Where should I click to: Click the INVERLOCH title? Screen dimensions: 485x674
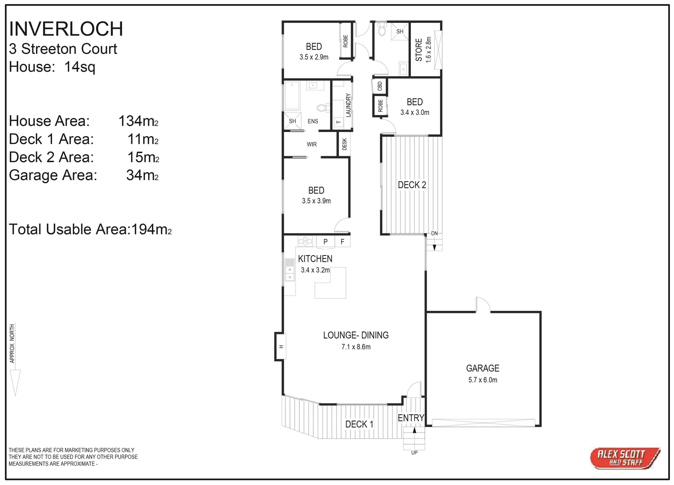[66, 29]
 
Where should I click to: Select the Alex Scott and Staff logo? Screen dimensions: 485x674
[625, 458]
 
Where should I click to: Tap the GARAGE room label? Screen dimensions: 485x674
[483, 368]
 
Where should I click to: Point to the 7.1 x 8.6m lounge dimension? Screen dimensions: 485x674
[356, 347]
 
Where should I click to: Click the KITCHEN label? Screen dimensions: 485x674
[315, 259]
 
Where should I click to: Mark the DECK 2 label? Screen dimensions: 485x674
[412, 185]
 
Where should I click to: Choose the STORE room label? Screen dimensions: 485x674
[418, 50]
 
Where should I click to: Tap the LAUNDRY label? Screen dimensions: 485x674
[348, 105]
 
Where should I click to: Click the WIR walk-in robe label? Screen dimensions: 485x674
[312, 145]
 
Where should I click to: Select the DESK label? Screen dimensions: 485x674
[344, 144]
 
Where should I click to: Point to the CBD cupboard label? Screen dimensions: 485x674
[380, 85]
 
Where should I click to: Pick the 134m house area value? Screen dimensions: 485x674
[138, 121]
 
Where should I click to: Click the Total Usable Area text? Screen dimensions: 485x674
[90, 229]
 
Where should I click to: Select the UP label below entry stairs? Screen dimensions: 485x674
[414, 453]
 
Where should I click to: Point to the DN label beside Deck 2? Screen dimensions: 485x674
[434, 234]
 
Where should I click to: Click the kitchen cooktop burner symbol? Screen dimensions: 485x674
[305, 242]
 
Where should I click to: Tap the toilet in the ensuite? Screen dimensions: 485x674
[322, 108]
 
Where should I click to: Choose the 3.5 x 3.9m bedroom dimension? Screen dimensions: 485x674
[316, 201]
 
